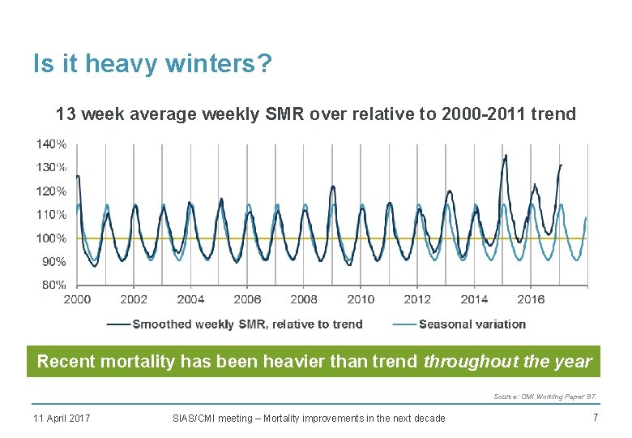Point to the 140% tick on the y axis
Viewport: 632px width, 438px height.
pyautogui.click(x=51, y=144)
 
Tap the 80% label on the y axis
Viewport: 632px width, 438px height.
pyautogui.click(x=53, y=285)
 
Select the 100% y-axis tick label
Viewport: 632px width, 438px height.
pyautogui.click(x=51, y=238)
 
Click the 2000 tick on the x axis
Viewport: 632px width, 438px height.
pyautogui.click(x=77, y=299)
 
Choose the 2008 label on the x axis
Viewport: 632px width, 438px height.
pyautogui.click(x=304, y=299)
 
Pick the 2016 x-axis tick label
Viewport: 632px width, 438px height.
pyautogui.click(x=531, y=299)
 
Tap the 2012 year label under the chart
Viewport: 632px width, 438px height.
pyautogui.click(x=417, y=299)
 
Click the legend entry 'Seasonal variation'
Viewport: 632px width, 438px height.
pyautogui.click(x=472, y=324)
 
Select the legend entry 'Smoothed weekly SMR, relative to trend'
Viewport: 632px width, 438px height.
pyautogui.click(x=247, y=324)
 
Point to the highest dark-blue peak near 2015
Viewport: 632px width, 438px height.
pyautogui.click(x=506, y=156)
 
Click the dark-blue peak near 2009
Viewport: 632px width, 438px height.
pyautogui.click(x=333, y=187)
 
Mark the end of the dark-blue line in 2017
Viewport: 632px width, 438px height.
pyautogui.click(x=561, y=165)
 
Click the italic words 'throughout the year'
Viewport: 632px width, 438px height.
pyautogui.click(x=507, y=362)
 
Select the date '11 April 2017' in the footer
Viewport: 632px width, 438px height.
pyautogui.click(x=62, y=419)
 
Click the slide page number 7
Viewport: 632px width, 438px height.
pyautogui.click(x=595, y=418)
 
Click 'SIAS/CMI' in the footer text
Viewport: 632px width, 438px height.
pyautogui.click(x=194, y=419)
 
